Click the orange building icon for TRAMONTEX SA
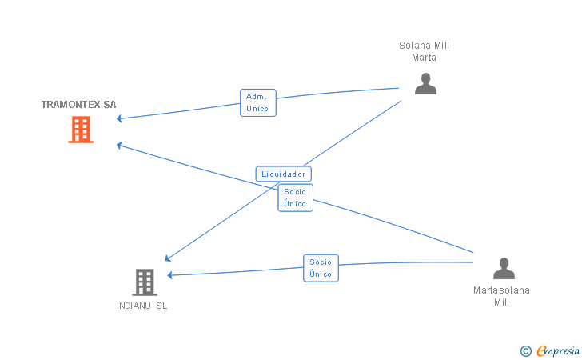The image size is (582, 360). point(81,130)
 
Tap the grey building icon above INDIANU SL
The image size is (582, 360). point(145,282)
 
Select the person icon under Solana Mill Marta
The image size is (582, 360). point(425,83)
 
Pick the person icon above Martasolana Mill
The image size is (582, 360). point(504,268)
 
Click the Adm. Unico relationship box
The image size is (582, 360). point(258,102)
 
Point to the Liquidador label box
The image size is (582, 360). point(284,174)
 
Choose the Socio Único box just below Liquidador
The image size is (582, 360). point(296,198)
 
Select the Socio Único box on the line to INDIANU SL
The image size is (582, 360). point(321,268)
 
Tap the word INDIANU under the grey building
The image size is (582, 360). point(134,306)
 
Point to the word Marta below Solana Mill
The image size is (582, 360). point(424,58)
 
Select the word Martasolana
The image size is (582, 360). point(501,290)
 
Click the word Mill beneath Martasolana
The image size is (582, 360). point(501,302)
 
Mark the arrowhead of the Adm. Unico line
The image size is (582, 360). point(119,118)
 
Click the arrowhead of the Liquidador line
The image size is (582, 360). point(167,258)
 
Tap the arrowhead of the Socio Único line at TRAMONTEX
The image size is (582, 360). point(119,146)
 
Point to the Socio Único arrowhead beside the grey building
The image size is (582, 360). point(169,275)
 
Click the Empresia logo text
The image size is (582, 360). point(558,350)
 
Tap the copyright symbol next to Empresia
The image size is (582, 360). point(526,351)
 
